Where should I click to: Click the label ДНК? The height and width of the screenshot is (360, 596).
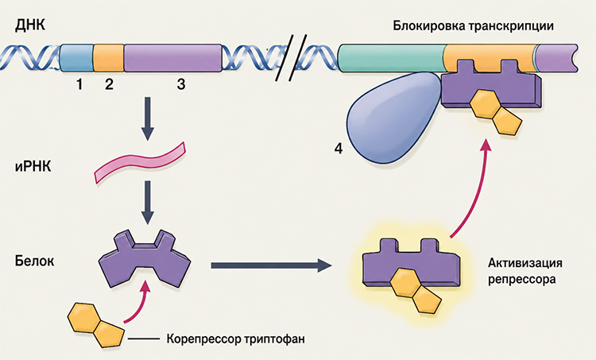[x=30, y=25]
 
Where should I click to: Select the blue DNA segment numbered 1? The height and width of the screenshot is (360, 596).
[x=77, y=58]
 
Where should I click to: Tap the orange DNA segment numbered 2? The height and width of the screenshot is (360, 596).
[x=109, y=58]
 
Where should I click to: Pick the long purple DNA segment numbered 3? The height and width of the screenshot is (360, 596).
[x=173, y=58]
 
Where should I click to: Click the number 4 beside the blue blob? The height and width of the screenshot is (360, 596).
[x=339, y=149]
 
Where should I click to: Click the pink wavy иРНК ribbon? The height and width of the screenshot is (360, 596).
[x=140, y=163]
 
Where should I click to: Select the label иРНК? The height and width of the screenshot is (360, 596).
[x=33, y=167]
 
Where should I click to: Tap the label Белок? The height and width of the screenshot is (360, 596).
[x=35, y=261]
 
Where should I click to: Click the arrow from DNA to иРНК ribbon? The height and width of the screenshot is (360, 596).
[x=148, y=118]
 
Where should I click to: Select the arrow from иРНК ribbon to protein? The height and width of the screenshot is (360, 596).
[x=148, y=202]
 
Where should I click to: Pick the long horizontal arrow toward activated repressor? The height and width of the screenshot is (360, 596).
[x=272, y=265]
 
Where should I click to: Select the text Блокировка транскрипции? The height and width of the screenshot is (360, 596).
[x=474, y=26]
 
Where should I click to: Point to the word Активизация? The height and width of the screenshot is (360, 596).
[x=525, y=263]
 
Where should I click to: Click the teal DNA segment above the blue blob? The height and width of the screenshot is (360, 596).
[x=393, y=58]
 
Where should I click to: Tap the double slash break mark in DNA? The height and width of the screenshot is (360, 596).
[x=291, y=57]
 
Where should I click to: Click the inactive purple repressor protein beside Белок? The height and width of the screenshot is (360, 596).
[x=145, y=259]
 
